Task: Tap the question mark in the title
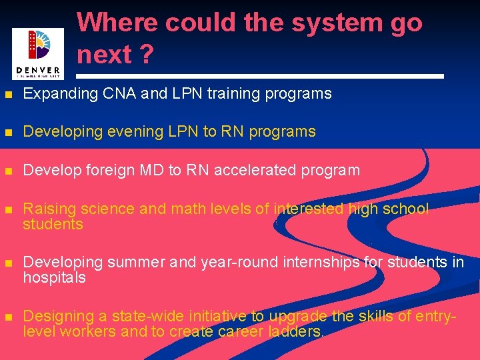click(146, 55)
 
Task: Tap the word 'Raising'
click(46, 209)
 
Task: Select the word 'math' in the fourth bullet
click(188, 209)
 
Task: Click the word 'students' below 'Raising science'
click(53, 225)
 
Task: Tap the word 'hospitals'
click(54, 278)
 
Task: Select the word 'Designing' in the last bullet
click(55, 316)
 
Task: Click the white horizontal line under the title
click(260, 77)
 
